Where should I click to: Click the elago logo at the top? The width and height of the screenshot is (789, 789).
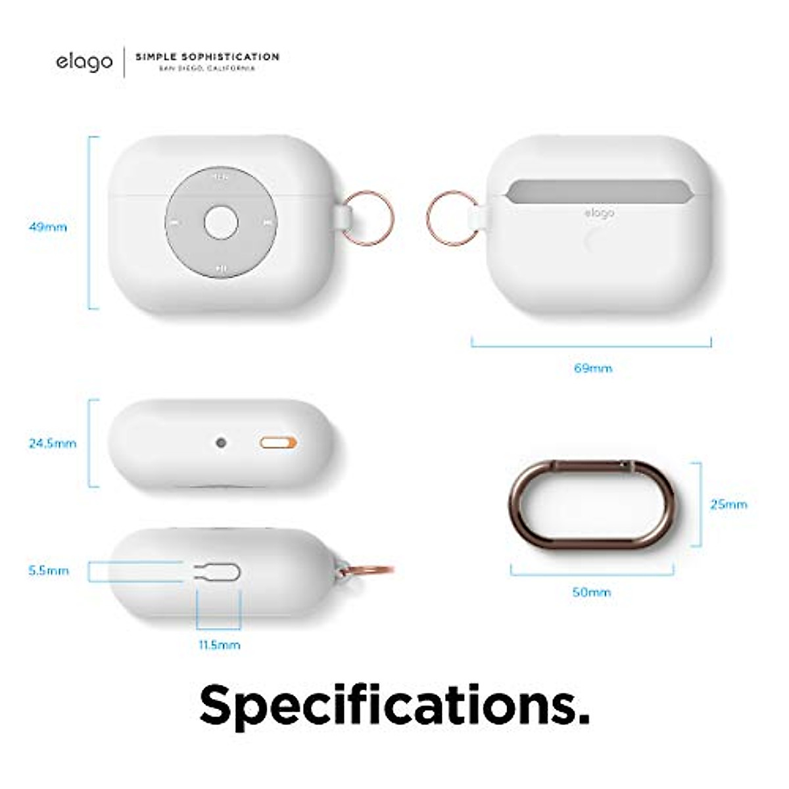pyautogui.click(x=84, y=62)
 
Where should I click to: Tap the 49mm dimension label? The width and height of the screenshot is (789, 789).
pyautogui.click(x=48, y=227)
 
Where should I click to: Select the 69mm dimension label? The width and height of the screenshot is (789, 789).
pyautogui.click(x=593, y=368)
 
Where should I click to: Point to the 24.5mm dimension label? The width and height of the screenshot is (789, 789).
pyautogui.click(x=52, y=444)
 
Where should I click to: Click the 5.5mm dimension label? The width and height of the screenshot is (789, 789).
pyautogui.click(x=48, y=571)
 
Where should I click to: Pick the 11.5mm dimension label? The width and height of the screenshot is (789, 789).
pyautogui.click(x=220, y=645)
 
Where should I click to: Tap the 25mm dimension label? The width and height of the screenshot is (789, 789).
pyautogui.click(x=729, y=505)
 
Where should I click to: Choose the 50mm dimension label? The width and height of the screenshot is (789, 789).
pyautogui.click(x=591, y=592)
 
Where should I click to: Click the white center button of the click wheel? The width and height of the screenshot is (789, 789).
pyautogui.click(x=221, y=222)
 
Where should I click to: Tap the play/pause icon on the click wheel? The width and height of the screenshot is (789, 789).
pyautogui.click(x=222, y=269)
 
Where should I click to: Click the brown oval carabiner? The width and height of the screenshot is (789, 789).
pyautogui.click(x=591, y=505)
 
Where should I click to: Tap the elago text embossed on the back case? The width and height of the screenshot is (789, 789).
pyautogui.click(x=599, y=213)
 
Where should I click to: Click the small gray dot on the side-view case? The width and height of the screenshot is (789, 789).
pyautogui.click(x=221, y=443)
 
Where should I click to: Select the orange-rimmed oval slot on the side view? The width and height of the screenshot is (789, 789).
pyautogui.click(x=278, y=443)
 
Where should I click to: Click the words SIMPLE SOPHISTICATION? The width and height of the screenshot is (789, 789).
pyautogui.click(x=207, y=57)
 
